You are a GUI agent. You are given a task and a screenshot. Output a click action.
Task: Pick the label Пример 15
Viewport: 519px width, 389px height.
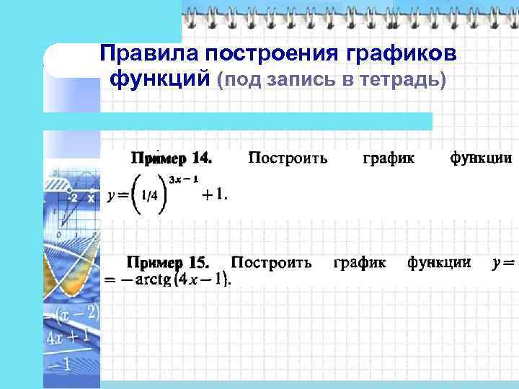point(167,263)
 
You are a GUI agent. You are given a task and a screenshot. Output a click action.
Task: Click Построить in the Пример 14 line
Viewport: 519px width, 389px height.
point(288,158)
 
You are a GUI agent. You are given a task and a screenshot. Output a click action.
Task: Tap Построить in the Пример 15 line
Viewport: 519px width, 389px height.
point(271,263)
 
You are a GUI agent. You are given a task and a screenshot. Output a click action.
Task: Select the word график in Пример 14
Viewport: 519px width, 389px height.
point(389,158)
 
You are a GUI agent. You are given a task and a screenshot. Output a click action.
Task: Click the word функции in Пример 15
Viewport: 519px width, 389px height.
point(440,263)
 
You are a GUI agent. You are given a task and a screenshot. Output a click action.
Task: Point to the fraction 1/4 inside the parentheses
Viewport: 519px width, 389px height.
point(150,195)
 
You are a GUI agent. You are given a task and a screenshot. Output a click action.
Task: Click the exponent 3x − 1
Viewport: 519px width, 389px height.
point(185,179)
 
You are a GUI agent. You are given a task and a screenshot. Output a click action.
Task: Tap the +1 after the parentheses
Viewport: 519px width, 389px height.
point(214,194)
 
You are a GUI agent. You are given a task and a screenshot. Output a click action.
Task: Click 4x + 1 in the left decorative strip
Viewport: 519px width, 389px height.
point(73,336)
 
